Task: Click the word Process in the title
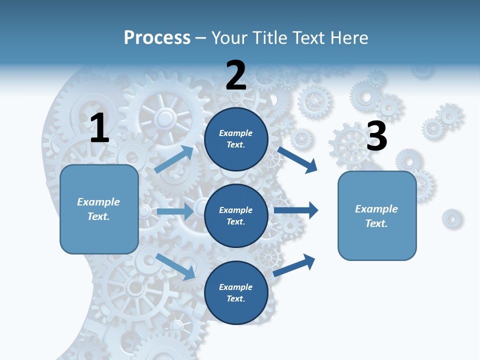pos(157,38)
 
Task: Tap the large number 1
pos(99,128)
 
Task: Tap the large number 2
pos(236,75)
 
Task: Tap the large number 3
pos(376,136)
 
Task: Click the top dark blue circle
pos(236,139)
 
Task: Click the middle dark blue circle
pos(236,215)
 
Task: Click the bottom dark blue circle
pos(236,292)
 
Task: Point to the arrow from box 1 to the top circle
pos(174,159)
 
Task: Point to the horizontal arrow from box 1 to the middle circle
pos(175,211)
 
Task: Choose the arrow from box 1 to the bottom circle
pos(176,266)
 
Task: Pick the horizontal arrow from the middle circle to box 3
pos(296,210)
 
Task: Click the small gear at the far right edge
pos(452,218)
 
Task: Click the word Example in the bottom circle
pos(235,287)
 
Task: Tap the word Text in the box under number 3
pos(376,223)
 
